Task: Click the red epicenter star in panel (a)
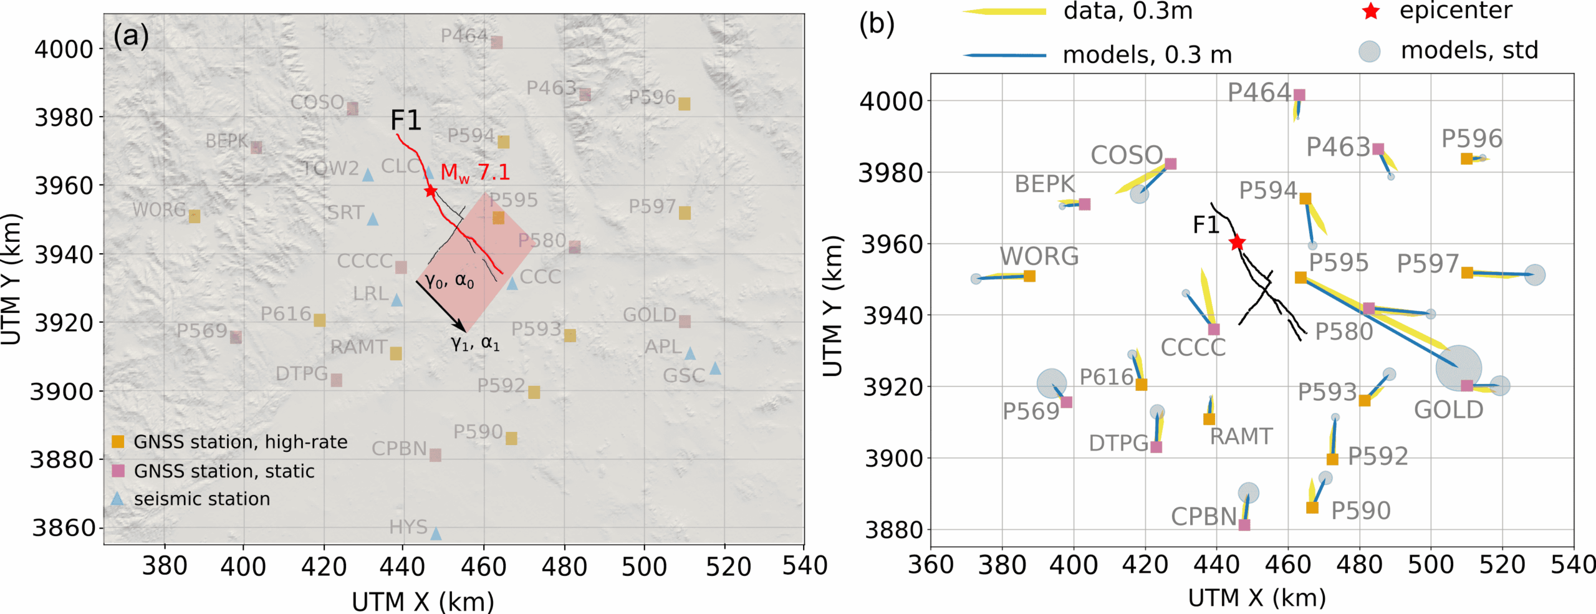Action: tap(430, 191)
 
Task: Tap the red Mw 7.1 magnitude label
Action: tap(474, 173)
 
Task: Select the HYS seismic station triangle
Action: tap(436, 534)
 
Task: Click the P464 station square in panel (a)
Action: tap(497, 42)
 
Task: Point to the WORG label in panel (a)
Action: tap(159, 210)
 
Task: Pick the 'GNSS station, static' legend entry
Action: tap(224, 471)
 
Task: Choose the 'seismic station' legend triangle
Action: tap(117, 499)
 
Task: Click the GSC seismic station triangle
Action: tap(715, 368)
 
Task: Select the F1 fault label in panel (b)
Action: tap(1206, 225)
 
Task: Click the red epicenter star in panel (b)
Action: tap(1238, 242)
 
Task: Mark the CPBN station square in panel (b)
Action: tap(1244, 525)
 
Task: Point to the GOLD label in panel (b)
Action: tap(1448, 410)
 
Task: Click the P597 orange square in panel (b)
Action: tap(1468, 273)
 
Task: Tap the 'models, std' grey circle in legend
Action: tap(1370, 51)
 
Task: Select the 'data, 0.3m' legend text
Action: tap(1128, 11)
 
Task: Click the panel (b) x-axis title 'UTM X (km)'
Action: tap(1257, 598)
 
